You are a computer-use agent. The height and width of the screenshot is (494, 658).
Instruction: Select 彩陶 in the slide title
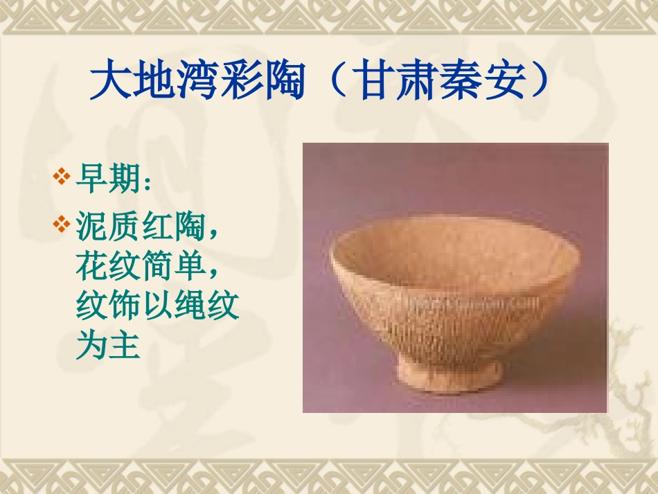click(x=262, y=82)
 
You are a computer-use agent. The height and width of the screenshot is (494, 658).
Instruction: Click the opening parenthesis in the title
click(x=332, y=82)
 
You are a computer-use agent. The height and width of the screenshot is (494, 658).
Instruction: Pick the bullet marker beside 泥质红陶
click(x=62, y=224)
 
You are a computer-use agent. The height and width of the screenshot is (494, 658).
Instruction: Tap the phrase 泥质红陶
click(x=140, y=225)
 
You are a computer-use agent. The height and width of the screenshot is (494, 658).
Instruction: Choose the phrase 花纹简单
click(x=140, y=265)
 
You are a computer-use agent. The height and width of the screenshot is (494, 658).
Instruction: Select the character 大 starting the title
click(x=109, y=82)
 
